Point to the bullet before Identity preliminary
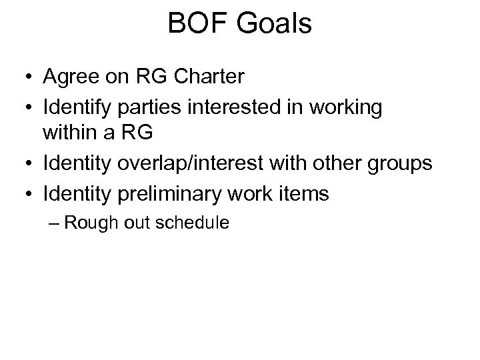tap(25, 195)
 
